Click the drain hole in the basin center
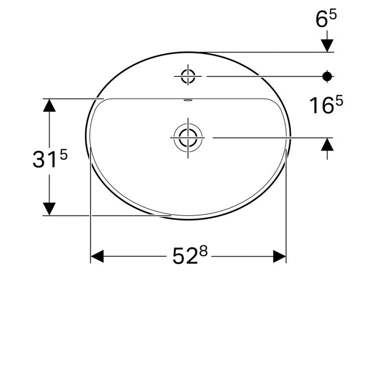(187, 137)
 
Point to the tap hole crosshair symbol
(187, 76)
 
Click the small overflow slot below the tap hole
(187, 100)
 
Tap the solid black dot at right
(327, 76)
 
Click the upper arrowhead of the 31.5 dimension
(49, 106)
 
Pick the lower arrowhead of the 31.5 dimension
(49, 208)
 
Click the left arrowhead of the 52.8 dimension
(97, 257)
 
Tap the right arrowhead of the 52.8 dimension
(279, 257)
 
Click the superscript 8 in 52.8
(203, 251)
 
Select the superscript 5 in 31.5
(63, 154)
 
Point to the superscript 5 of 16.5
(339, 101)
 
